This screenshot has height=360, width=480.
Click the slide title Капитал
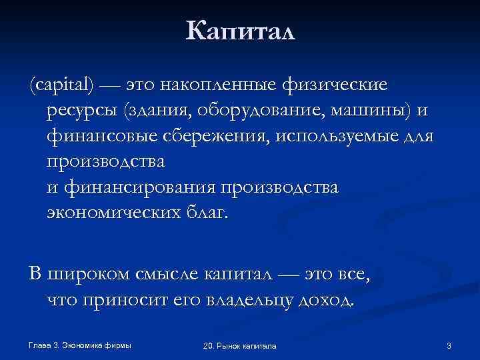[x=240, y=31]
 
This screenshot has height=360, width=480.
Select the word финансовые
[x=101, y=136]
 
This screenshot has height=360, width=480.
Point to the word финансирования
[x=139, y=187]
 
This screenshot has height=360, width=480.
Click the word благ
[x=206, y=213]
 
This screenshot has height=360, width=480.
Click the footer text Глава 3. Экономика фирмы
[x=80, y=345]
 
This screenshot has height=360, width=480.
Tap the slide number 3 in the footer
[x=449, y=345]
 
